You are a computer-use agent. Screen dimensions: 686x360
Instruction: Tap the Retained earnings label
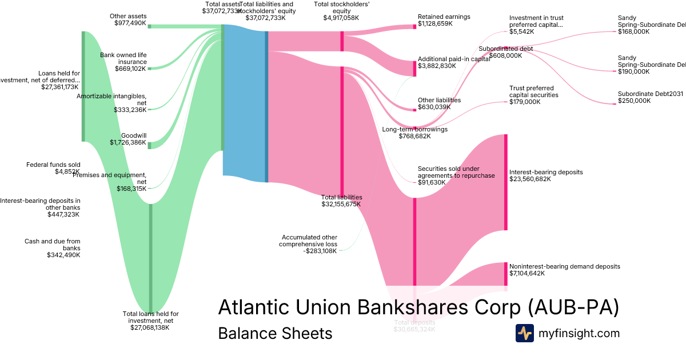(444, 21)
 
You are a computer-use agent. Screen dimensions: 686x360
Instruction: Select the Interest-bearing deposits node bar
(505, 182)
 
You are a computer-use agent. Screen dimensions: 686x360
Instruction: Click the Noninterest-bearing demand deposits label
(564, 270)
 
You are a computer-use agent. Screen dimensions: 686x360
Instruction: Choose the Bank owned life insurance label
(123, 62)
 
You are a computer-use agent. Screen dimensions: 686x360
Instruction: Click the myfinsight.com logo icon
(524, 333)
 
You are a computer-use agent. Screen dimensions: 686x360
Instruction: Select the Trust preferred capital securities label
(534, 95)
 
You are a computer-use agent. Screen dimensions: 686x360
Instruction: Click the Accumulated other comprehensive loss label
(308, 244)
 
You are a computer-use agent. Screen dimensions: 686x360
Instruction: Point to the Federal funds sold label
(53, 168)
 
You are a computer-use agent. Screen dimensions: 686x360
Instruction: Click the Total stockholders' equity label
(342, 11)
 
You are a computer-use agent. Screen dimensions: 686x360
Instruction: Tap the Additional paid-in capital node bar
(415, 69)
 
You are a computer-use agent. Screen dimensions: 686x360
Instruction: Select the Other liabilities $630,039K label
(439, 103)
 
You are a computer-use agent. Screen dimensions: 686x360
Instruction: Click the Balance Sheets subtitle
(275, 334)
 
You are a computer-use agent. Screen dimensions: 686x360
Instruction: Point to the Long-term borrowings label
(414, 133)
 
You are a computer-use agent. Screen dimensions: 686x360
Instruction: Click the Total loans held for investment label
(151, 321)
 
